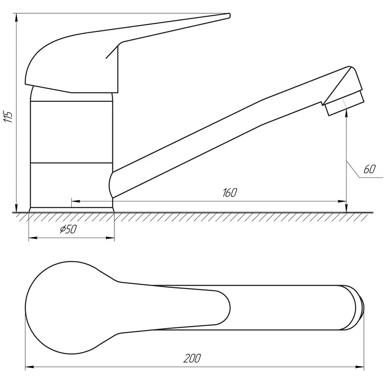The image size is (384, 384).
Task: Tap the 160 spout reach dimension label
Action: (x=230, y=193)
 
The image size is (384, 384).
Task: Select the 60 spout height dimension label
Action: (x=369, y=169)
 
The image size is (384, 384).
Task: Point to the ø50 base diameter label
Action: (x=68, y=229)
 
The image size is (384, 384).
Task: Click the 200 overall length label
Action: (x=192, y=358)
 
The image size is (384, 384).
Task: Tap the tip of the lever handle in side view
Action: (x=229, y=15)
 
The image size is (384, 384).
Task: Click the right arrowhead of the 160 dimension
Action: (x=342, y=201)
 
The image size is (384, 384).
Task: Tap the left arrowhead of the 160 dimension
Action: (x=76, y=201)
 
